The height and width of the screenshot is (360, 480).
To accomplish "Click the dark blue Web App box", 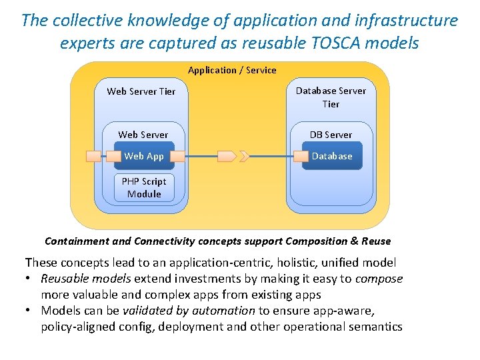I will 144,156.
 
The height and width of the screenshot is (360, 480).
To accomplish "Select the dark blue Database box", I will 332,156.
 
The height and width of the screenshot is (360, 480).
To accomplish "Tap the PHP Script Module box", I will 144,187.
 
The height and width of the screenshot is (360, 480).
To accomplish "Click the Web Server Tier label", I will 141,91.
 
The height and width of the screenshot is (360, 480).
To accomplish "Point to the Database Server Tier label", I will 331,97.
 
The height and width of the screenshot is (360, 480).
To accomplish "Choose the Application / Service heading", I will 232,70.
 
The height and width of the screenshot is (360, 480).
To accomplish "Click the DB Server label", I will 331,135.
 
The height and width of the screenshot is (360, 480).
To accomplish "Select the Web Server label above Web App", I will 143,135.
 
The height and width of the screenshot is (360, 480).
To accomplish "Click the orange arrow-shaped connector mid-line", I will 227,157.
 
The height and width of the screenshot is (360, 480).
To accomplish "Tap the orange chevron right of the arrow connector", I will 245,157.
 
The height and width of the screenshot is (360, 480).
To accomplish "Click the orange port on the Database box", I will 301,157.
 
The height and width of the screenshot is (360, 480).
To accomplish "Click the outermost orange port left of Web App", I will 94,157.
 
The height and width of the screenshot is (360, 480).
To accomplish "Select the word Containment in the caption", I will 75,241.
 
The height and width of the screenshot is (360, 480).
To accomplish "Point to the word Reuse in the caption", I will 374,241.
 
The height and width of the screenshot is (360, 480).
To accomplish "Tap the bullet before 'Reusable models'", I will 30,279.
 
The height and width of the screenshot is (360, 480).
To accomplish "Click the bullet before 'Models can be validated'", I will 30,311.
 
